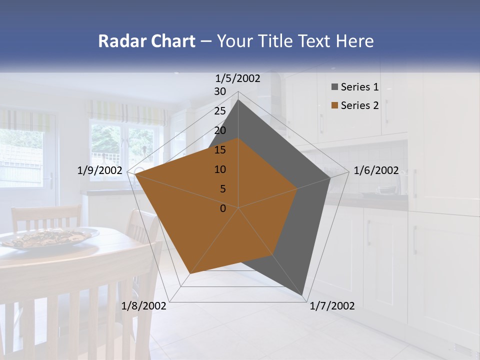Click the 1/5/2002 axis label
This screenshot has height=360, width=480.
coord(238,78)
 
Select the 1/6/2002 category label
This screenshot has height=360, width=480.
coord(376,170)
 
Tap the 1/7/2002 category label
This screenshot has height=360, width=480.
coord(332,306)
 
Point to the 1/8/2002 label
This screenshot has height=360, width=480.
coord(143,306)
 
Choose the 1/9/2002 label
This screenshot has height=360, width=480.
coord(100,170)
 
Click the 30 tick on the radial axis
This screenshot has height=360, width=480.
coord(220,91)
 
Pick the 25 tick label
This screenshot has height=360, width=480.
coord(220,111)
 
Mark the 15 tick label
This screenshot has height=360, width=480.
coord(220,150)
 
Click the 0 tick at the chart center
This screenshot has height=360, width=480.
coord(223,208)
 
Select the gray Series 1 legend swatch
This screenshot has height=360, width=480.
coord(334,87)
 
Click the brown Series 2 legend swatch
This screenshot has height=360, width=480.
coord(334,105)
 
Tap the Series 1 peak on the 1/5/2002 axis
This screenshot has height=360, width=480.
coord(238,100)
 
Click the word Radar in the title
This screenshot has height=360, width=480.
coord(119,41)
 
